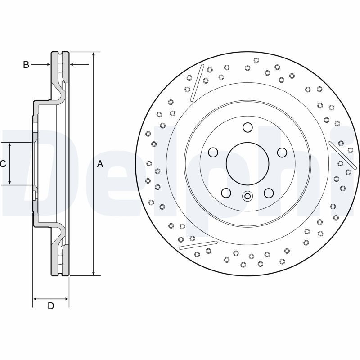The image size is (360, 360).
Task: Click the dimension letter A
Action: pyautogui.click(x=100, y=164)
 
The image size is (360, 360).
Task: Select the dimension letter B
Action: pyautogui.click(x=26, y=65)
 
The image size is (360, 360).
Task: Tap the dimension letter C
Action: pyautogui.click(x=3, y=164)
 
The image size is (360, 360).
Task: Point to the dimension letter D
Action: pyautogui.click(x=51, y=306)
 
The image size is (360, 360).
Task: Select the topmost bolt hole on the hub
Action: pyautogui.click(x=247, y=128)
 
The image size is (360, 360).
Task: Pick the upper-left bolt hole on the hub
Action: pyautogui.click(x=213, y=153)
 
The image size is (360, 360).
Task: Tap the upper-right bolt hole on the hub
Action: pyautogui.click(x=282, y=153)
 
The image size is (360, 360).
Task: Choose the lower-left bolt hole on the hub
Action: pyautogui.click(x=226, y=193)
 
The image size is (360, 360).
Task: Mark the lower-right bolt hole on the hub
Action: pyautogui.click(x=269, y=193)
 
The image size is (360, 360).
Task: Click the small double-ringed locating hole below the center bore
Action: pyautogui.click(x=247, y=196)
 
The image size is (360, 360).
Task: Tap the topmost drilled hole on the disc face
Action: pyautogui.click(x=256, y=60)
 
